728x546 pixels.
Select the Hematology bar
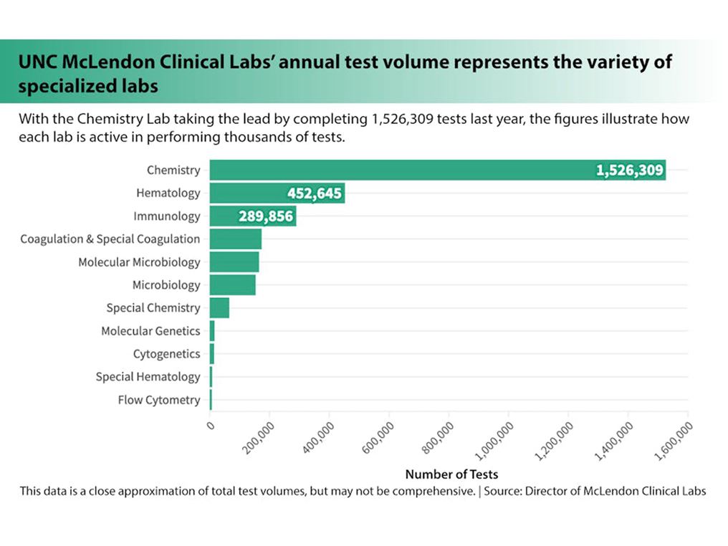(x=244, y=193)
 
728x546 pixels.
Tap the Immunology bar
(x=222, y=216)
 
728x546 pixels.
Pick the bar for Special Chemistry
(x=219, y=308)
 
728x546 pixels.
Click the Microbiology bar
(x=232, y=285)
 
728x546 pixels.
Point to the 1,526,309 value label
(x=630, y=171)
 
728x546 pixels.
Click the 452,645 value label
(x=315, y=193)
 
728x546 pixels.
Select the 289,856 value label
(x=265, y=216)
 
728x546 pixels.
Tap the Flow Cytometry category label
(x=159, y=400)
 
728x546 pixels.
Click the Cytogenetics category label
(x=166, y=354)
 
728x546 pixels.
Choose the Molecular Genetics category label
(x=150, y=331)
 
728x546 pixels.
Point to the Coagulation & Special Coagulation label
(x=110, y=239)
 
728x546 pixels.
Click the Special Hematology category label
(x=148, y=377)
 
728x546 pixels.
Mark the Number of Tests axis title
(x=451, y=474)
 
